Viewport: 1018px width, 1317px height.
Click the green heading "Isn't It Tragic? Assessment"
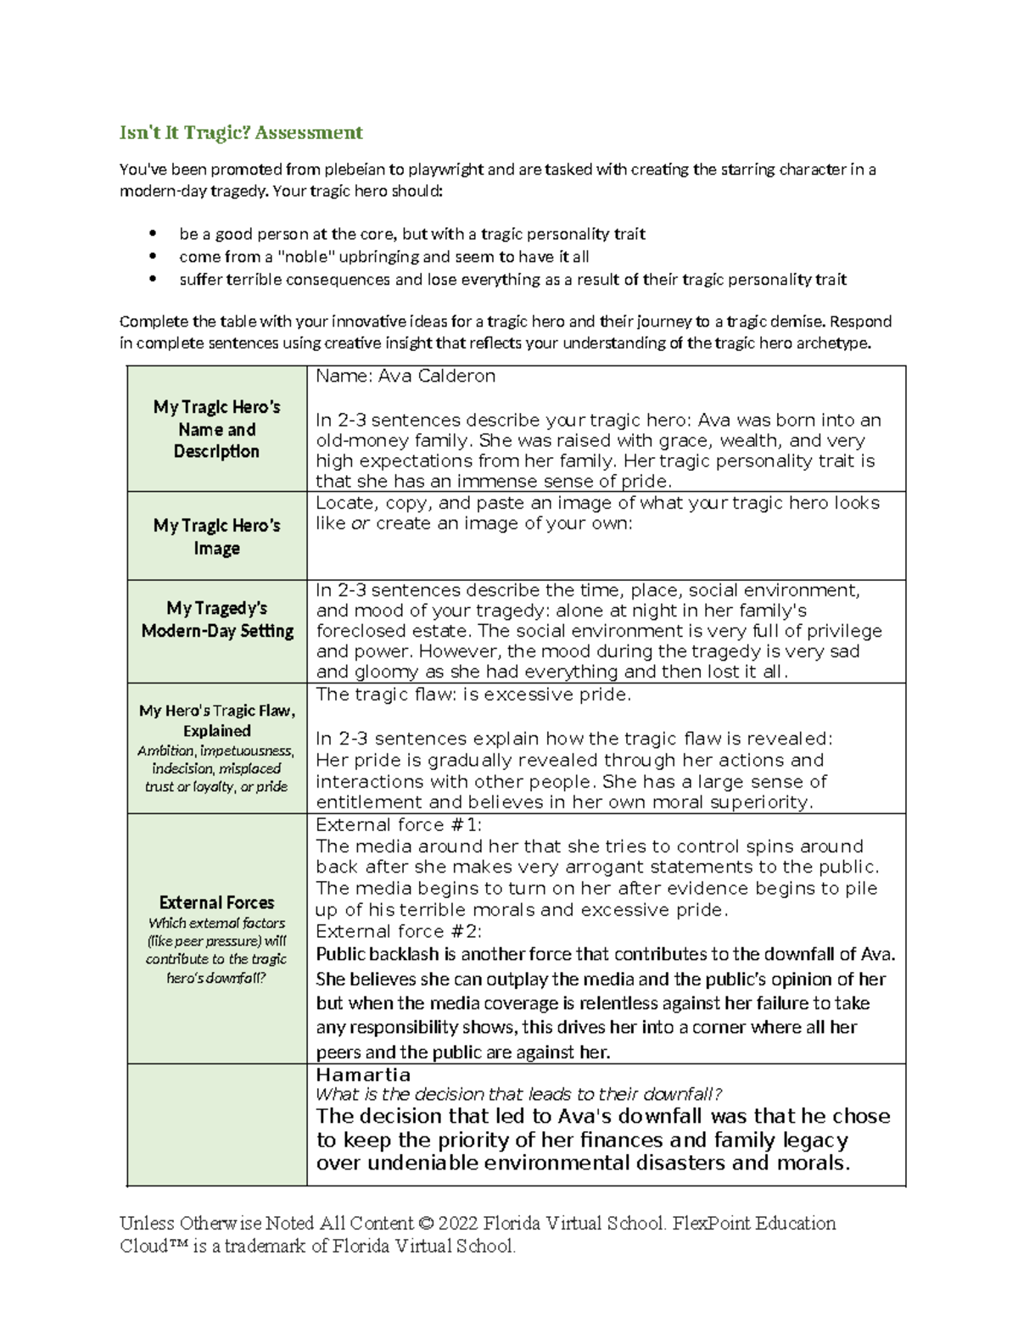tap(241, 132)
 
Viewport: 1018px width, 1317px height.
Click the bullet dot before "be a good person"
tap(153, 234)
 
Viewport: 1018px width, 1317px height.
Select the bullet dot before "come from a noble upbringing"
tap(153, 257)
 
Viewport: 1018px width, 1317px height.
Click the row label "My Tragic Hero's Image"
tap(216, 537)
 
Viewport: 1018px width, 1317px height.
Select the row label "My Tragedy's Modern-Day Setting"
tap(217, 619)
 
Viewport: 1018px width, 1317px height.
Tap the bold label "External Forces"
tap(216, 902)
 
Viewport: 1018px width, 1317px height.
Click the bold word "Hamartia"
tap(363, 1074)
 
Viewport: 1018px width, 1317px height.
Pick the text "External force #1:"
tap(398, 825)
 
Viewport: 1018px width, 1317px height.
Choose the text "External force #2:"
tap(398, 931)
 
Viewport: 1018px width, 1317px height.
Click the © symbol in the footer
tap(425, 1224)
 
